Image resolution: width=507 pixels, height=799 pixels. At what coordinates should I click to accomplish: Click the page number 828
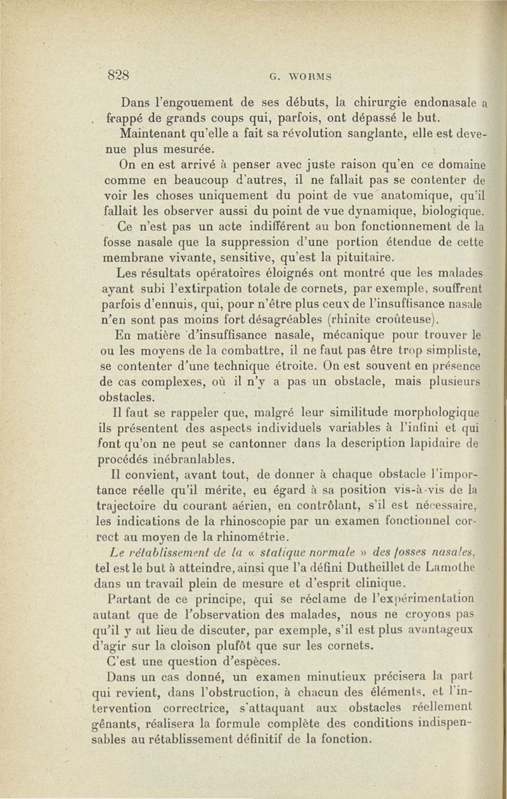pyautogui.click(x=119, y=72)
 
